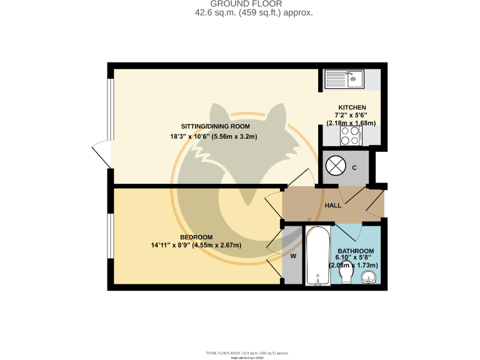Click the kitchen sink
pyautogui.click(x=344, y=79)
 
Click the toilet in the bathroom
pyautogui.click(x=348, y=276)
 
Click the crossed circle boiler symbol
pyautogui.click(x=336, y=167)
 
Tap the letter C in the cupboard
pyautogui.click(x=354, y=167)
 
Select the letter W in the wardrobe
pyautogui.click(x=292, y=255)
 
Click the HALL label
pyautogui.click(x=332, y=206)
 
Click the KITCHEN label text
pyautogui.click(x=352, y=107)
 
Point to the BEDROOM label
pyautogui.click(x=196, y=237)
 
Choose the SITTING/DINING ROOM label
pyautogui.click(x=197, y=127)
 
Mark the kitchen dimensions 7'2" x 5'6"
pyautogui.click(x=351, y=116)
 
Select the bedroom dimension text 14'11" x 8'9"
pyautogui.click(x=196, y=245)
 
